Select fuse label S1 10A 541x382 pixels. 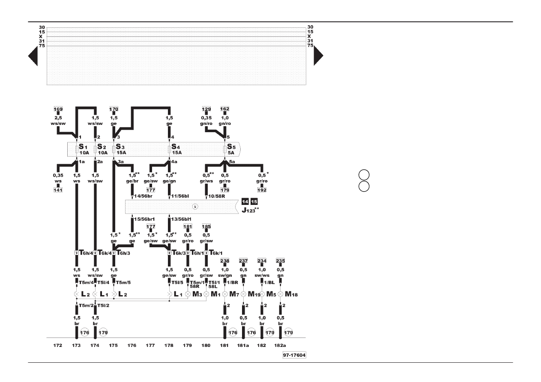click(84, 149)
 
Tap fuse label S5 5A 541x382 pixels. click(232, 149)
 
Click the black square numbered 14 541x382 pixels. click(245, 201)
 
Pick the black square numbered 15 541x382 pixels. click(254, 201)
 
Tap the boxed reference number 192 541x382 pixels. click(262, 189)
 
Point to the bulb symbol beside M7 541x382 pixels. click(225, 294)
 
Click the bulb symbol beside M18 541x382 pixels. click(280, 294)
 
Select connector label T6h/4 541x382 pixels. click(85, 253)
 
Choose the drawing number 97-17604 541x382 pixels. click(294, 355)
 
